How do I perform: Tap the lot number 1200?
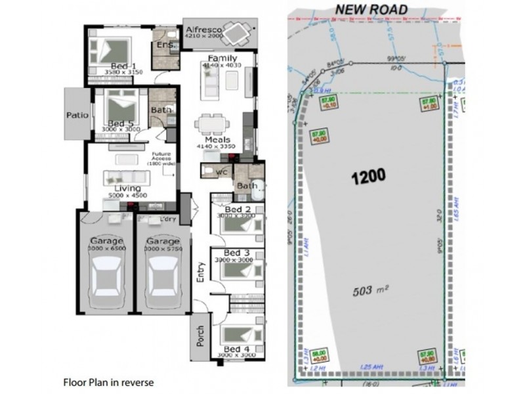[x=368, y=176]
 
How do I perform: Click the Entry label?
[x=201, y=272]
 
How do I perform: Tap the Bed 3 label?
[x=236, y=253]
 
